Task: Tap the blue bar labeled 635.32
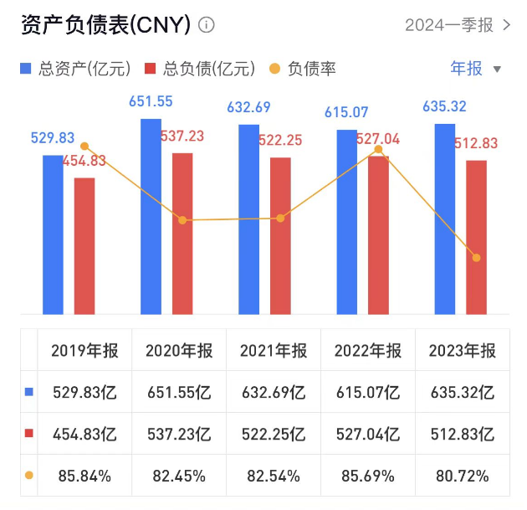click(445, 219)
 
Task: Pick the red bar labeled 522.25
click(281, 235)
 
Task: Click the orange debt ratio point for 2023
click(477, 258)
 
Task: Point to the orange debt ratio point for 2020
click(182, 220)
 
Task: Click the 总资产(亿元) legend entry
click(75, 69)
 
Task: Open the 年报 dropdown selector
click(476, 69)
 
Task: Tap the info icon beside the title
click(207, 25)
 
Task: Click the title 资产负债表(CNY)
click(105, 25)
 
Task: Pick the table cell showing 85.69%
click(368, 476)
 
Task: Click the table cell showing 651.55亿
click(179, 392)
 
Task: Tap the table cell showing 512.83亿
click(462, 434)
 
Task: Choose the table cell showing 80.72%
click(462, 476)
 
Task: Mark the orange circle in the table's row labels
click(29, 476)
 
